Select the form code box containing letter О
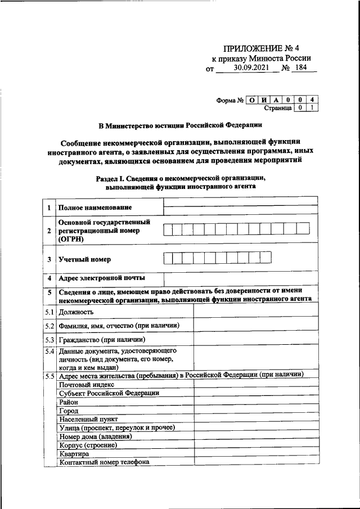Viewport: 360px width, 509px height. tap(253, 100)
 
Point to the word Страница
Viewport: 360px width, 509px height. tap(277, 107)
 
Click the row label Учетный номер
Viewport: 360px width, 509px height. tap(85, 259)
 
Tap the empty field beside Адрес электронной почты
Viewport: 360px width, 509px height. tap(240, 278)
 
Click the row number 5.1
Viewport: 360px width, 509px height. tap(49, 312)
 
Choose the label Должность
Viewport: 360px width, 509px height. tap(75, 312)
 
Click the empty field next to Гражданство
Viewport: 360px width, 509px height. tap(255, 340)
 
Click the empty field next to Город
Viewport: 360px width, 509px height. tap(255, 411)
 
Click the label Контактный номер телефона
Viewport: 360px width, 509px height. tap(104, 462)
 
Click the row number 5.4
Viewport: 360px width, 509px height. tap(49, 350)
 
